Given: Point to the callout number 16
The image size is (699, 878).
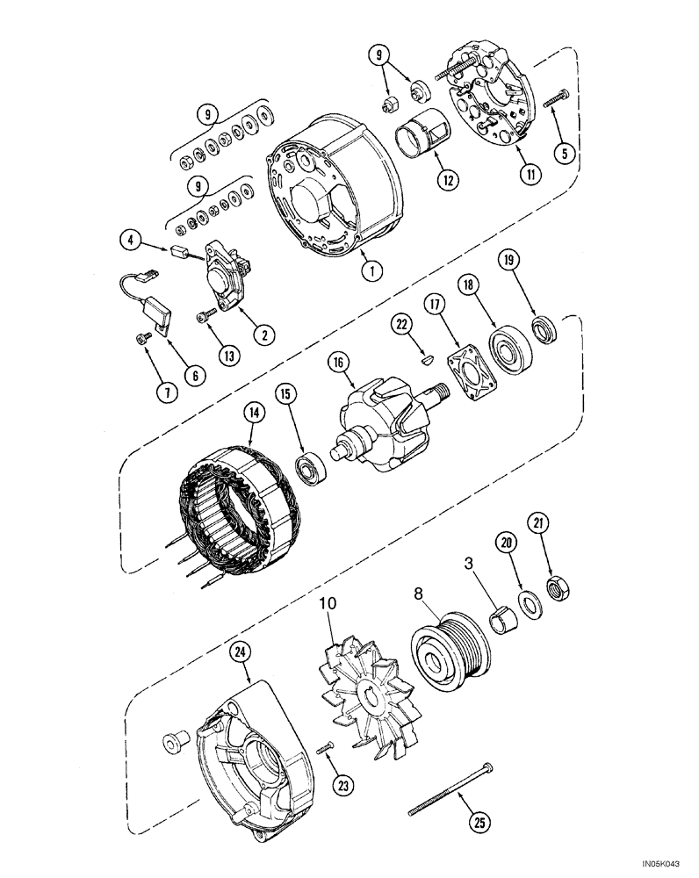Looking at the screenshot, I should (x=337, y=362).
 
